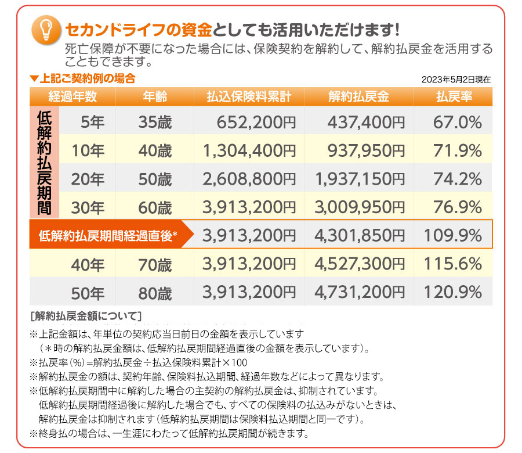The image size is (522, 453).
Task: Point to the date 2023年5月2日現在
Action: (x=456, y=80)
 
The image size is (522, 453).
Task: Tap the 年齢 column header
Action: (x=155, y=96)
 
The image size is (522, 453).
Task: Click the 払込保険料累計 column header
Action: (x=249, y=96)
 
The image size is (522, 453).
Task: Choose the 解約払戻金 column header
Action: (x=358, y=96)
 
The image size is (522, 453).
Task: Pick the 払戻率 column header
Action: (x=454, y=96)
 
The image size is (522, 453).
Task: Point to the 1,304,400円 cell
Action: (x=249, y=150)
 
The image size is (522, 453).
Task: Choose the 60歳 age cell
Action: (x=155, y=207)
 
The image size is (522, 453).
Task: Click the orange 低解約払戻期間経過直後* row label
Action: (x=107, y=236)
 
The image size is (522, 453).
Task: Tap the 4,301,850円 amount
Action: (x=359, y=236)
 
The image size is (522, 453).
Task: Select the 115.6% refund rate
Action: (x=454, y=264)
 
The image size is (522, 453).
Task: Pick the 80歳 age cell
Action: (x=155, y=293)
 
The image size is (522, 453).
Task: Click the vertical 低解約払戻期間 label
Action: (x=44, y=164)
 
